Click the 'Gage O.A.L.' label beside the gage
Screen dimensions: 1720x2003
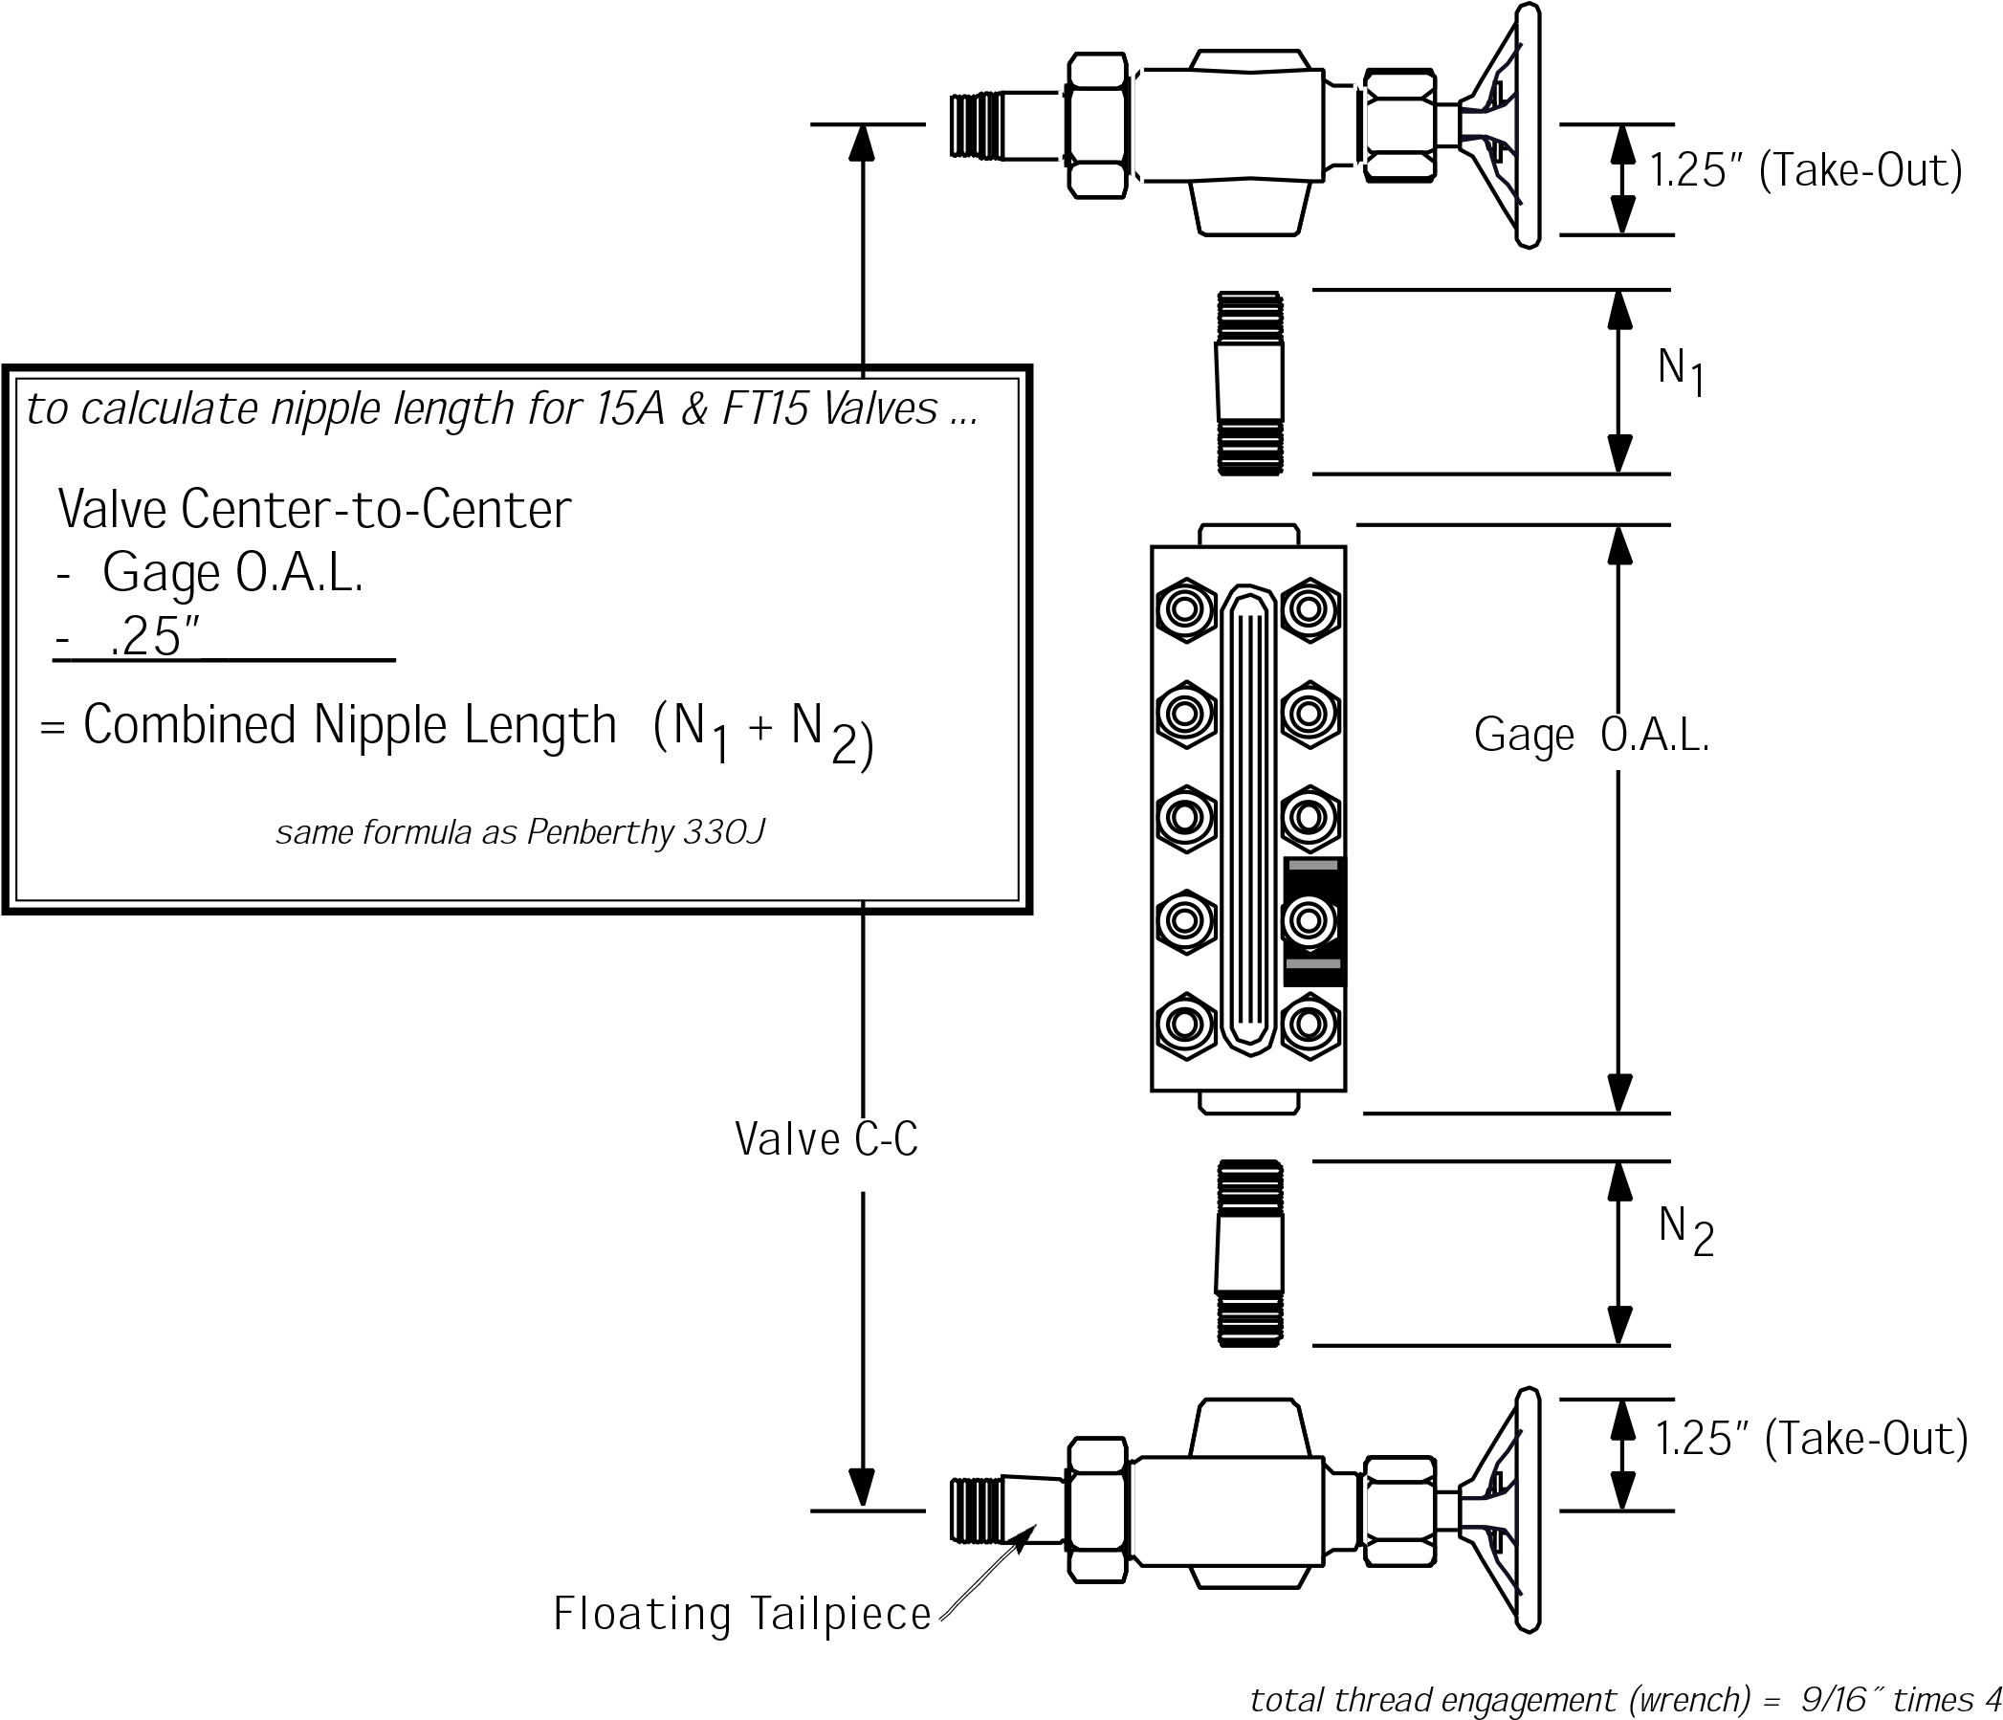(x=1591, y=737)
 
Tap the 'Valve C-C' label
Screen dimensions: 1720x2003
(x=826, y=1141)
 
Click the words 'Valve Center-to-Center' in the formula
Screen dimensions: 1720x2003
(x=314, y=510)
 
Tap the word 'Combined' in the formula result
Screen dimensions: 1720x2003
(x=188, y=725)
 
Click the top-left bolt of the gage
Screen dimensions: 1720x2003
(x=1185, y=609)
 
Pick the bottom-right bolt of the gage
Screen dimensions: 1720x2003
(x=1310, y=1025)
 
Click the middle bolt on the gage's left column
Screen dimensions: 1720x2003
(x=1185, y=818)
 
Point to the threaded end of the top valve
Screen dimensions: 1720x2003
(x=977, y=125)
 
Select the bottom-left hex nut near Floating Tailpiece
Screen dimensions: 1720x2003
(x=1099, y=1511)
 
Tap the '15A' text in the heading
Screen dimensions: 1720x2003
(x=630, y=409)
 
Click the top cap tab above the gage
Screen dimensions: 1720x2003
(x=1248, y=537)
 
